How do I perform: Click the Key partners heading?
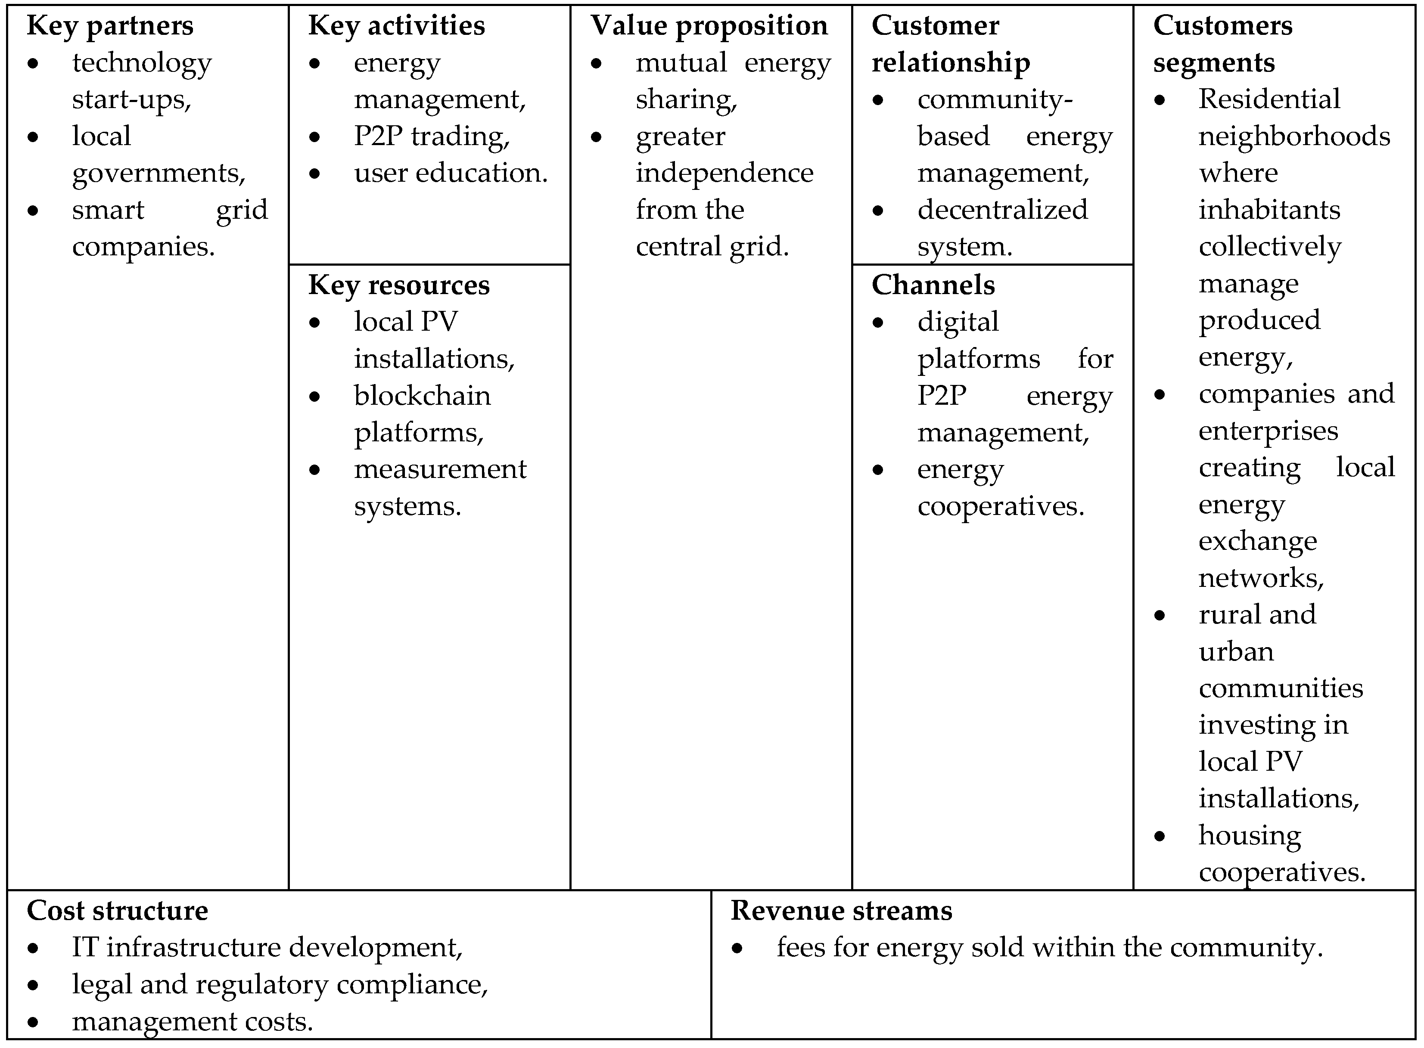pyautogui.click(x=110, y=26)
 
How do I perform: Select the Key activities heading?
pyautogui.click(x=397, y=26)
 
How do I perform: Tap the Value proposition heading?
pyautogui.click(x=709, y=26)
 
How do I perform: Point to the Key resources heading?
pyautogui.click(x=398, y=285)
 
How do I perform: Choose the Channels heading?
pyautogui.click(x=933, y=285)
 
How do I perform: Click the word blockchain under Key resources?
pyautogui.click(x=422, y=396)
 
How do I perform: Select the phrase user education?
pyautogui.click(x=451, y=173)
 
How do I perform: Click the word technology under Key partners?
pyautogui.click(x=142, y=63)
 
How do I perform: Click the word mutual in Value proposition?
pyautogui.click(x=681, y=63)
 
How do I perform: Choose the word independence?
pyautogui.click(x=724, y=173)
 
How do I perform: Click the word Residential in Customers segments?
pyautogui.click(x=1269, y=99)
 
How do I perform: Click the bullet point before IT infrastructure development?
pyautogui.click(x=34, y=949)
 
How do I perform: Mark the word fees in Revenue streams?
pyautogui.click(x=800, y=948)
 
